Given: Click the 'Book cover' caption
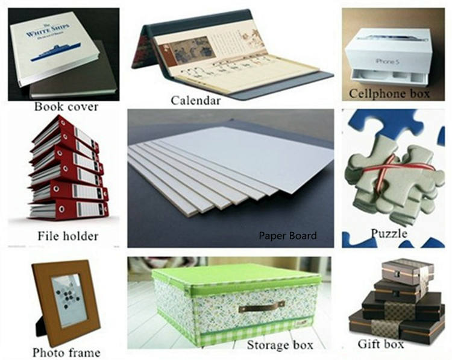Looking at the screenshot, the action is (x=66, y=107).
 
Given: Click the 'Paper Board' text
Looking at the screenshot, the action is (x=287, y=236).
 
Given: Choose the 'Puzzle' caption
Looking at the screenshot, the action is (x=388, y=233).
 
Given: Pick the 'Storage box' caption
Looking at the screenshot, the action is (x=280, y=346).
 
